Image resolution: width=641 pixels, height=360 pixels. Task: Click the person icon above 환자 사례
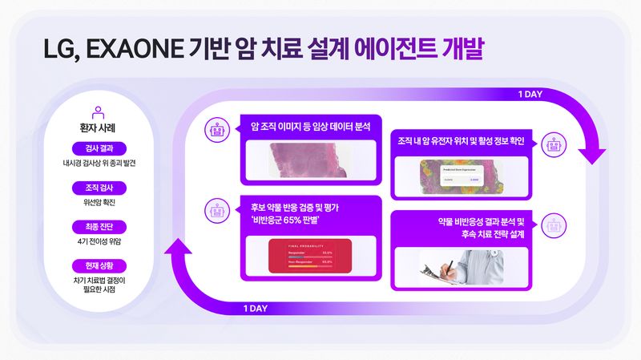click(x=99, y=112)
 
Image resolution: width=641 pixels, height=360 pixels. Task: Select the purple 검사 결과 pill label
click(x=99, y=148)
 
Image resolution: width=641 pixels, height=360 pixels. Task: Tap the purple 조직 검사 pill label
click(x=99, y=188)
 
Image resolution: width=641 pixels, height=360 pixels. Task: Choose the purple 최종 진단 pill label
click(x=99, y=227)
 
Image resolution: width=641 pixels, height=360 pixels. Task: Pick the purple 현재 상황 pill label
click(x=99, y=265)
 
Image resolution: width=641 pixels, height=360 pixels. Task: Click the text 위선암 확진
click(x=99, y=202)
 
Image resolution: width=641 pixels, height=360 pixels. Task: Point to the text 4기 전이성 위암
click(x=99, y=241)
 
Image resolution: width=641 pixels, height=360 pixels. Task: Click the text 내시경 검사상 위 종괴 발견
click(x=99, y=163)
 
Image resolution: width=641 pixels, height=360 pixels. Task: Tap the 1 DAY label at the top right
click(x=530, y=95)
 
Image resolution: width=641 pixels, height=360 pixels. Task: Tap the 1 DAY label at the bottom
click(x=256, y=307)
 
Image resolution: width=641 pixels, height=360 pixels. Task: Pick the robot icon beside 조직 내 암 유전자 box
click(x=552, y=144)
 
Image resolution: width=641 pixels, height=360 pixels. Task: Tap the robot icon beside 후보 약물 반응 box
click(x=216, y=209)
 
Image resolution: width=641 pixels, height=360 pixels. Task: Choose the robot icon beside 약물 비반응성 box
click(x=552, y=225)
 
